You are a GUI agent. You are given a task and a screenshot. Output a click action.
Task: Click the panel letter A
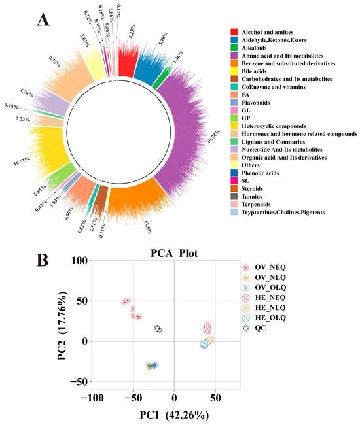(x=43, y=21)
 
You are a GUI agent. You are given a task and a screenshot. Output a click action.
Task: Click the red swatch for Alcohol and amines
(x=234, y=32)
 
